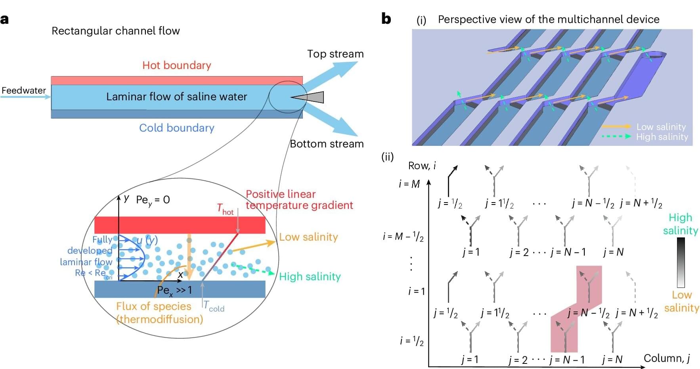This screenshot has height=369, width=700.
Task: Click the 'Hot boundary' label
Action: [176, 65]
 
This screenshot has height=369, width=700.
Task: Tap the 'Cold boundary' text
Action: [176, 128]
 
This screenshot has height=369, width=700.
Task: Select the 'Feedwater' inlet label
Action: [24, 90]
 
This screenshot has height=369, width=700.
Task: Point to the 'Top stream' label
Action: [335, 54]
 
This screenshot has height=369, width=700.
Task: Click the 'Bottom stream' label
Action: [327, 144]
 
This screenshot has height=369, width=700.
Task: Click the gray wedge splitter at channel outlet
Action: [311, 97]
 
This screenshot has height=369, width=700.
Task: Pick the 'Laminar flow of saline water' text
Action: [176, 97]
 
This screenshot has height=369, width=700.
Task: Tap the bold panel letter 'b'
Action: [386, 19]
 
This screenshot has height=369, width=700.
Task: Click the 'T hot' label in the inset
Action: [225, 209]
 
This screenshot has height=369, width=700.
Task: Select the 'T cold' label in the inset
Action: [214, 306]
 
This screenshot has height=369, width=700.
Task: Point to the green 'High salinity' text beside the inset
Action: [310, 277]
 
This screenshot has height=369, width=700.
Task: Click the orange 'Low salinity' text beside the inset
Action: [308, 237]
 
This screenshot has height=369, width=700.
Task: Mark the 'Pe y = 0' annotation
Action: [153, 200]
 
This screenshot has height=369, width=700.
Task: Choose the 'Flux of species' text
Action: [153, 306]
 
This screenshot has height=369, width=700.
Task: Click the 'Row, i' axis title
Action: [422, 166]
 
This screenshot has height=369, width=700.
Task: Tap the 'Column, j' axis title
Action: [667, 358]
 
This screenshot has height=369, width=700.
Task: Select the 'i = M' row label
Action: [409, 184]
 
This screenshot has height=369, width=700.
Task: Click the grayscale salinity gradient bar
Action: [681, 262]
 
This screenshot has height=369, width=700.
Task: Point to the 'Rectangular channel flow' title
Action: [116, 31]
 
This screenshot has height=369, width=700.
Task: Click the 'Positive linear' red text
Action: [281, 194]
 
